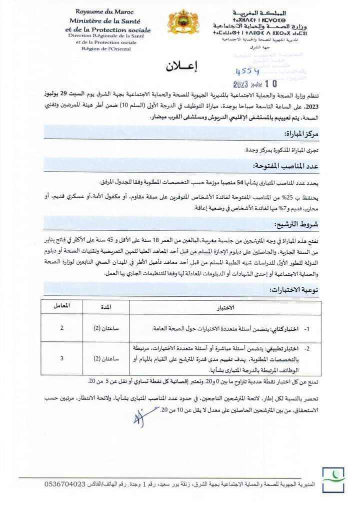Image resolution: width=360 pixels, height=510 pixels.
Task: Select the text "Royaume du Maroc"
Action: pos(101,11)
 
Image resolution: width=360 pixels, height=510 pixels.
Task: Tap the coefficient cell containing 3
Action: pos(61,358)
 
